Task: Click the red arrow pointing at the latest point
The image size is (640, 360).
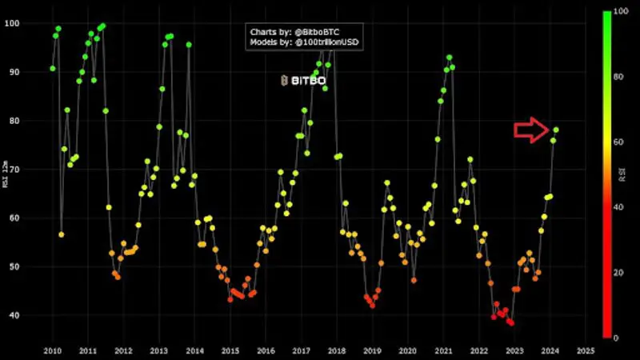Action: [x=530, y=130]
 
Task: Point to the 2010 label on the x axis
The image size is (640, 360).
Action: [x=52, y=350]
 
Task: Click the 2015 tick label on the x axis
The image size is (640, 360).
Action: [x=230, y=350]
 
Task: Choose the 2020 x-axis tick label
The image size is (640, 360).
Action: [x=407, y=350]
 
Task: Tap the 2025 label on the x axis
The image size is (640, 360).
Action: [x=585, y=350]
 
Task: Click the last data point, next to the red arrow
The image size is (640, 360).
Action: [x=556, y=130]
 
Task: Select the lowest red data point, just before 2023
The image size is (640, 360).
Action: [x=511, y=322]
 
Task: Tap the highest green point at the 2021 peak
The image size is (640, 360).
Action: [x=450, y=58]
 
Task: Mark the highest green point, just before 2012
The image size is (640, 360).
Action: [x=102, y=26]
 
